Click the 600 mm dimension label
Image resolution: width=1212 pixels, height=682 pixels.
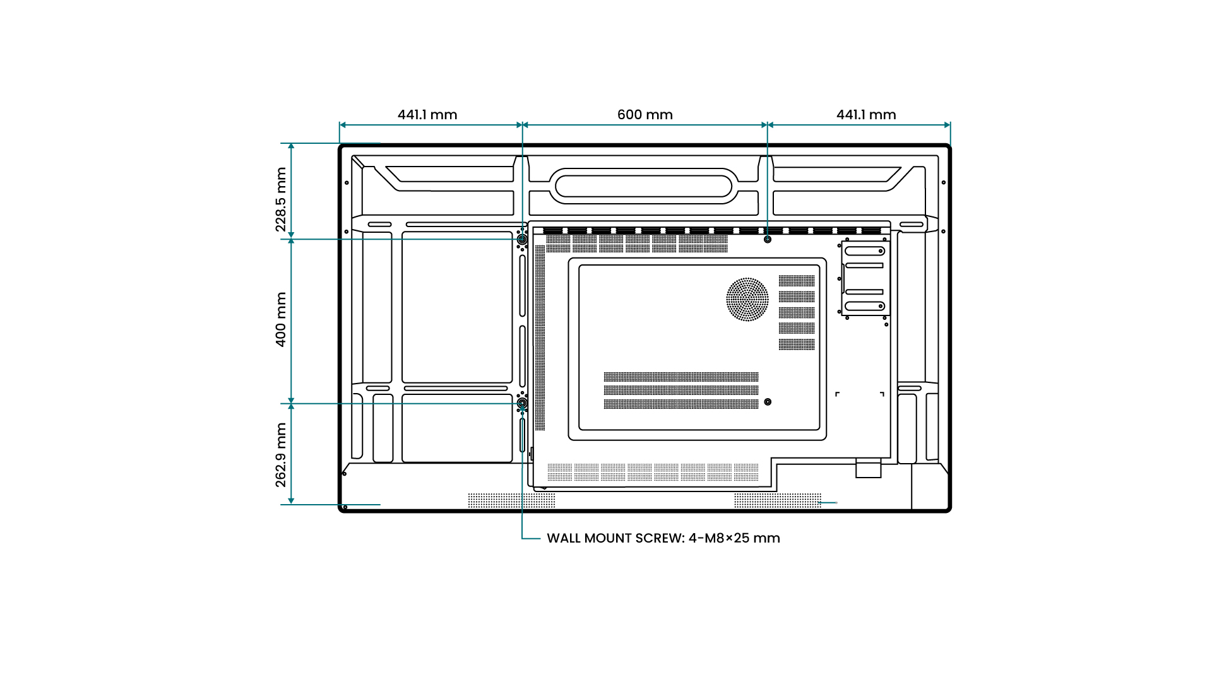point(645,115)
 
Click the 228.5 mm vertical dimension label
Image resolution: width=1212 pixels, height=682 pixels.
point(281,199)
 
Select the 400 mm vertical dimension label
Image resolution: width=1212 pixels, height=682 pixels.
point(281,319)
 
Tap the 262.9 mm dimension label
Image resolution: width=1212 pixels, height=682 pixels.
point(281,455)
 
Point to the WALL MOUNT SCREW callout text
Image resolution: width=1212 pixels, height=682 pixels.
point(663,538)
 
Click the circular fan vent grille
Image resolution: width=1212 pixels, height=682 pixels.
point(747,300)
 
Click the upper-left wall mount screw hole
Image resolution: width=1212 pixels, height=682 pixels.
point(522,240)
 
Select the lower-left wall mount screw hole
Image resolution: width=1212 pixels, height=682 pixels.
point(522,403)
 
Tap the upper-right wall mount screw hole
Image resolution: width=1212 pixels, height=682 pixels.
point(768,240)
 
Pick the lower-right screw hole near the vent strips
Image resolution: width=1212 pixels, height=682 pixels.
point(768,402)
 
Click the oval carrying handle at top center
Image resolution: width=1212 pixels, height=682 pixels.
point(644,186)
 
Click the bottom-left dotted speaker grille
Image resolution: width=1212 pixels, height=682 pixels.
point(511,501)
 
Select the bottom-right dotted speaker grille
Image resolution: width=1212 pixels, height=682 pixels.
point(778,501)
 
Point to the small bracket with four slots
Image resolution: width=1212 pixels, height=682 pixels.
point(864,278)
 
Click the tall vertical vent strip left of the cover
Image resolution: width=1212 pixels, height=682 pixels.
point(540,338)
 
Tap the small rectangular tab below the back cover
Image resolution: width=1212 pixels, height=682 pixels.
point(868,468)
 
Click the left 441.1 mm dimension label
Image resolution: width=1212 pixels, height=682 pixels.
point(427,115)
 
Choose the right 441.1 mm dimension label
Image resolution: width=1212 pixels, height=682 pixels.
point(866,115)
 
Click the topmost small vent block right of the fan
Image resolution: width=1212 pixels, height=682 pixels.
point(797,281)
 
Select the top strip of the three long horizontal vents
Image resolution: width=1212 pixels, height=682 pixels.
point(681,377)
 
